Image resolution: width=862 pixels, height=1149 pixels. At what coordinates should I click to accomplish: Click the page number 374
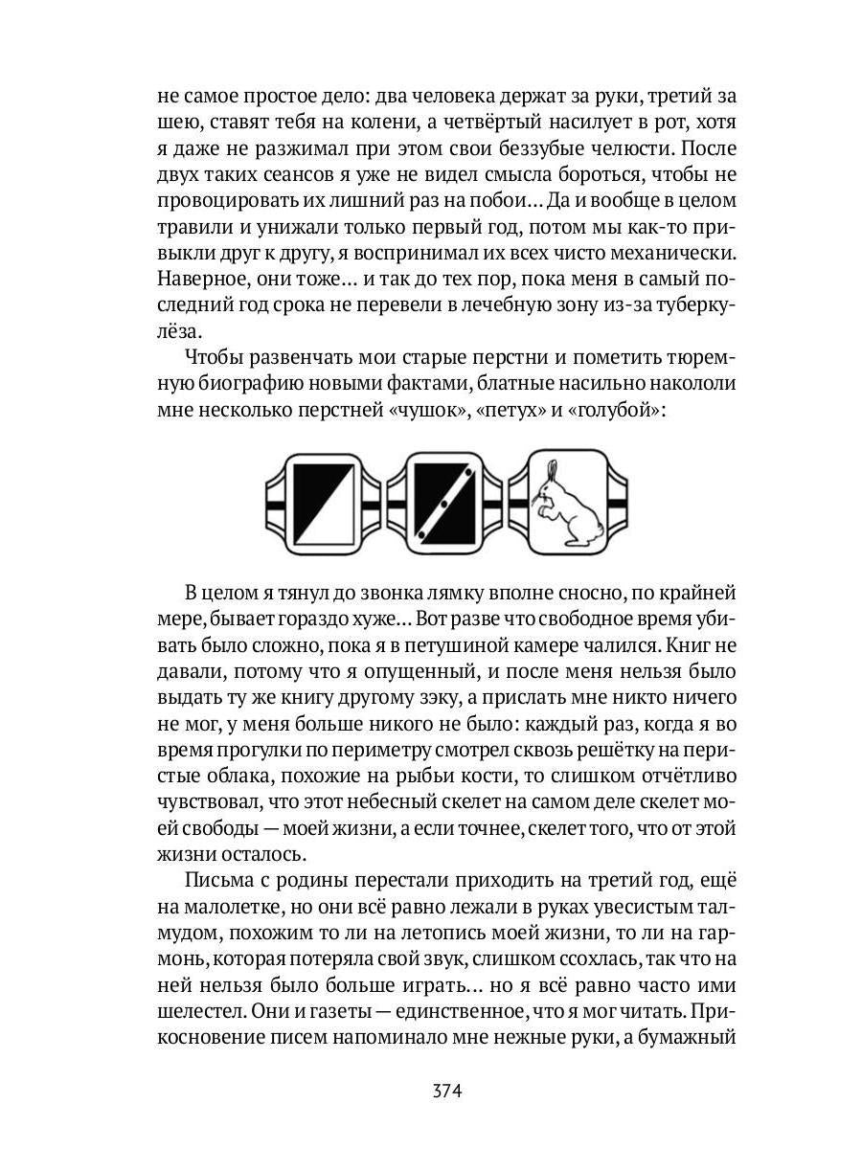pos(446,1091)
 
